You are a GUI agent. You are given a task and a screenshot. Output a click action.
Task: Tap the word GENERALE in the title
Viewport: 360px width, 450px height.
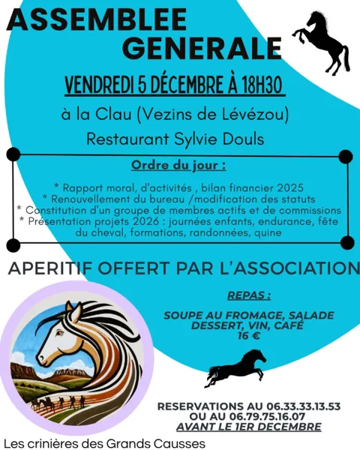point(199,48)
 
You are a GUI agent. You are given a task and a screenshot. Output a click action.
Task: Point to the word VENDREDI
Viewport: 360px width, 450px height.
point(100,85)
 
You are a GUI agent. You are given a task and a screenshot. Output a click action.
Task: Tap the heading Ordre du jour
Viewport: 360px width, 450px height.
point(178,164)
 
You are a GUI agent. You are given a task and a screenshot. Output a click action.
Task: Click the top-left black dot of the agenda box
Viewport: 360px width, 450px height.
point(13,154)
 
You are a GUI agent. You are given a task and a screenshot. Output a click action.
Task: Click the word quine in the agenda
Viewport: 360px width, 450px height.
point(268,232)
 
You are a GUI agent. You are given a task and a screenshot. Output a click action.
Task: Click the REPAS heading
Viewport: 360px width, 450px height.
point(248,295)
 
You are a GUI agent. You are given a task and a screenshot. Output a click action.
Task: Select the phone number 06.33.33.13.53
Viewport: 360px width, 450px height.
point(299,406)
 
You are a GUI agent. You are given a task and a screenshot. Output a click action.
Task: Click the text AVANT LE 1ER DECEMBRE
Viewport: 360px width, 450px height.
point(248,427)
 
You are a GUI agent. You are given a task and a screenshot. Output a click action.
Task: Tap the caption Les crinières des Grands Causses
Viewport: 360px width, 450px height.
point(104,442)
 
